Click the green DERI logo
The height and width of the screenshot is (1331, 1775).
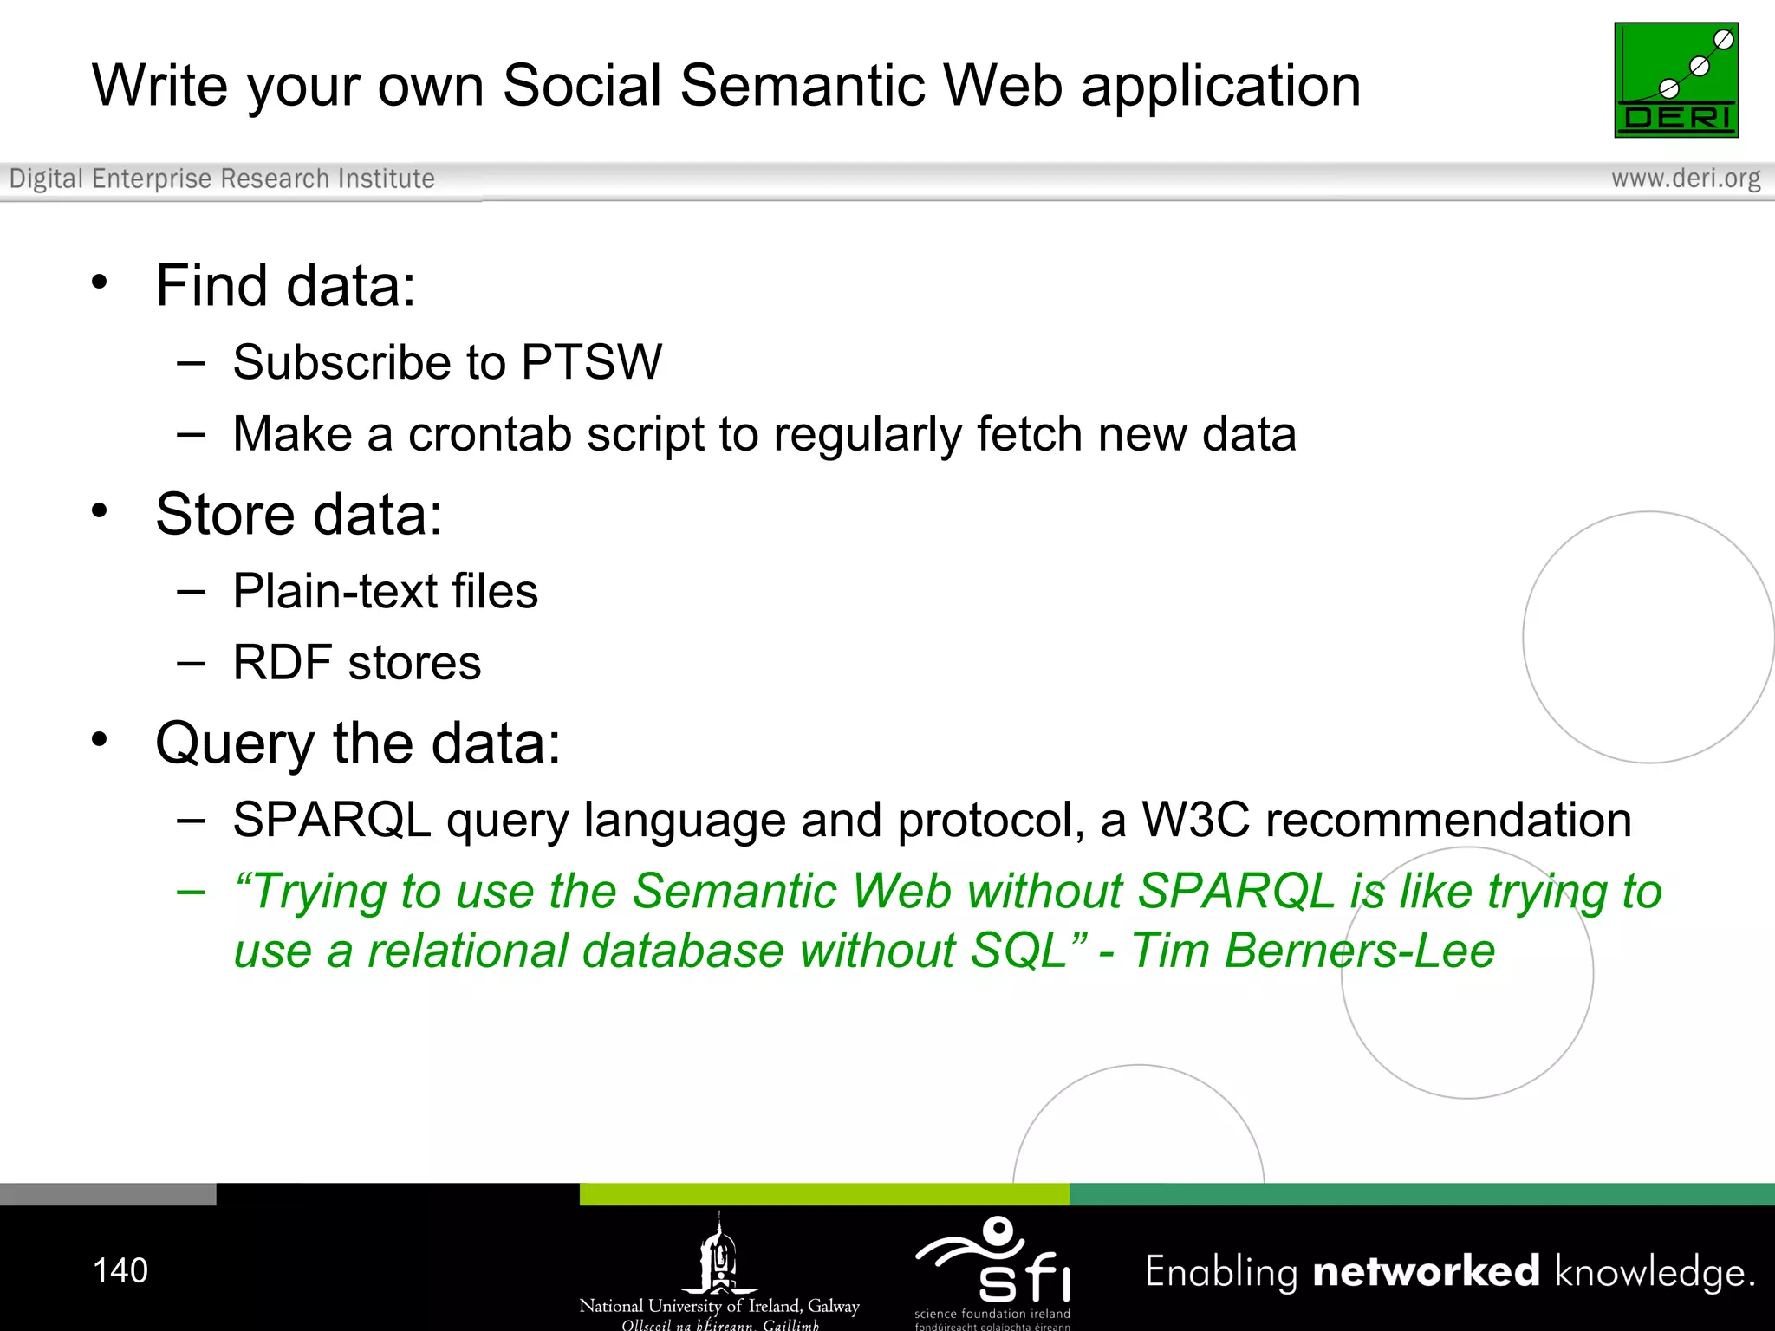(x=1675, y=80)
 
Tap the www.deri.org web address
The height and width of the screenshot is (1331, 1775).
(x=1685, y=179)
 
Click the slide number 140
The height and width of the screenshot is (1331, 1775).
(x=120, y=1270)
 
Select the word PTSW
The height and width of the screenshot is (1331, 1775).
(x=591, y=362)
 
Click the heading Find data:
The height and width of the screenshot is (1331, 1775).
(x=285, y=286)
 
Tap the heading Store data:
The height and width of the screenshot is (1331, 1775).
(x=298, y=515)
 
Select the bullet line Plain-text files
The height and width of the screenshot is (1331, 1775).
(x=385, y=592)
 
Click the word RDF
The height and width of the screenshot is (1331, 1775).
(x=283, y=663)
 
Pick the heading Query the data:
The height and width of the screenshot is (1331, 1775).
(x=357, y=743)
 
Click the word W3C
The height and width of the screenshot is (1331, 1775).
(x=1195, y=820)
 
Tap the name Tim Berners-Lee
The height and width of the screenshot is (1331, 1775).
(x=1312, y=951)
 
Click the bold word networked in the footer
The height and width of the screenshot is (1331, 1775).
(x=1426, y=1271)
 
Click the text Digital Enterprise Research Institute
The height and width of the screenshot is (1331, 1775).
(x=222, y=179)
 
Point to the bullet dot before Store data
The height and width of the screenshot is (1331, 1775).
(x=100, y=510)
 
